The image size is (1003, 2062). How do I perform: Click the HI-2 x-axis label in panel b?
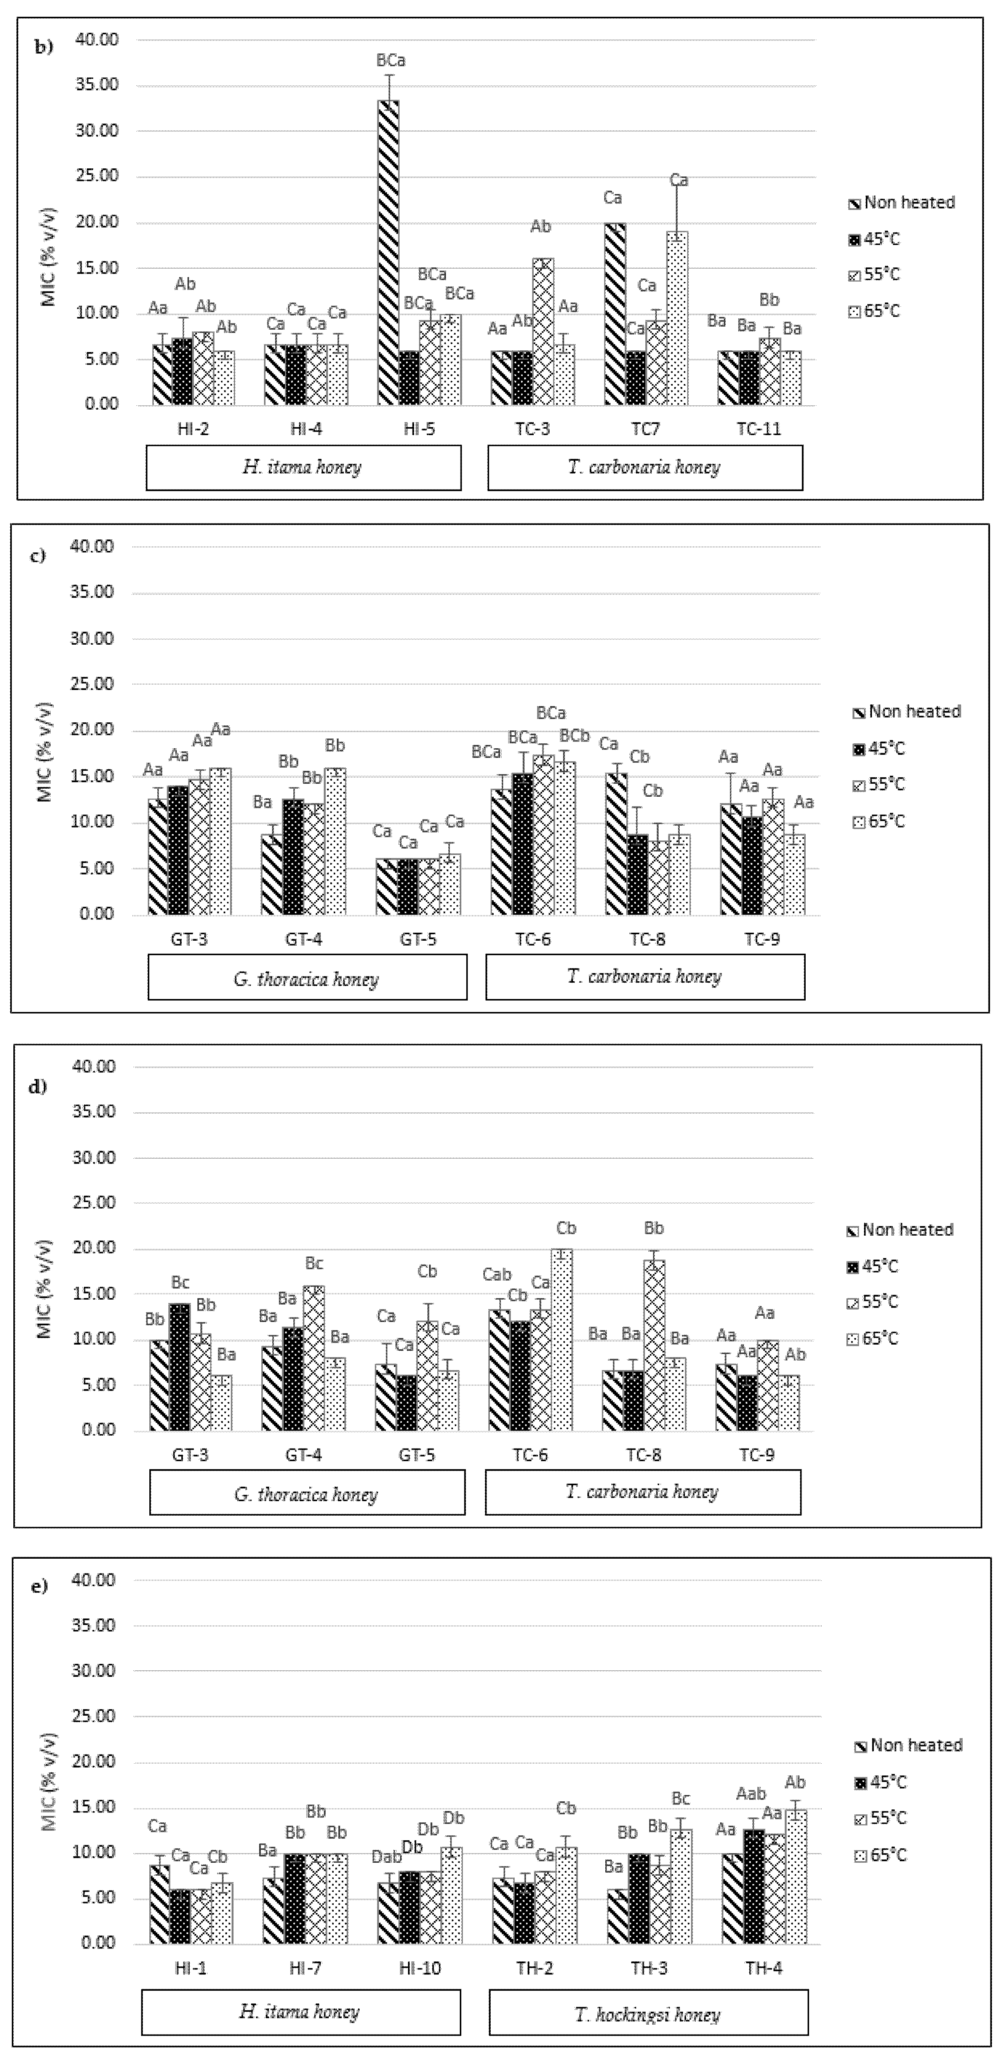point(193,429)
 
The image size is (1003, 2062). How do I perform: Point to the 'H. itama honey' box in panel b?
point(302,467)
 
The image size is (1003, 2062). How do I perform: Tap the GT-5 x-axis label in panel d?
point(416,1454)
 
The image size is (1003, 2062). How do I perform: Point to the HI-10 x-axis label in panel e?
point(419,1968)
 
